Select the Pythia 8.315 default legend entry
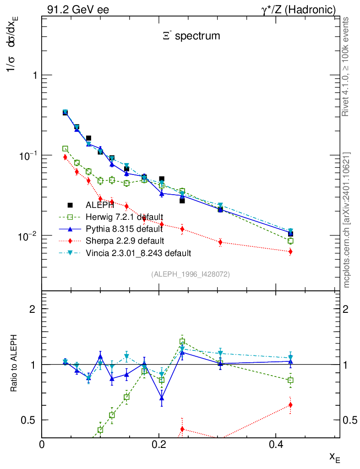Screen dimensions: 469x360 coord(124,229)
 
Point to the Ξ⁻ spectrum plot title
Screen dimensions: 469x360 coord(191,36)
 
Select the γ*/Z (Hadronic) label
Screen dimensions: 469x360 coord(299,10)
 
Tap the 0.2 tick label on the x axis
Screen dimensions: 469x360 coord(158,445)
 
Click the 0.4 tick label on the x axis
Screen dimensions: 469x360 coord(275,445)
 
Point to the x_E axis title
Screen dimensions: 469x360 coord(334,457)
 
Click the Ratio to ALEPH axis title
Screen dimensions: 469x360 coord(14,364)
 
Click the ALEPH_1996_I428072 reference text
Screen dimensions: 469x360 coord(190,274)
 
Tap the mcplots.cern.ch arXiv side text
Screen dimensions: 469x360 coord(347,220)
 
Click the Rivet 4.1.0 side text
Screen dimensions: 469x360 coord(347,67)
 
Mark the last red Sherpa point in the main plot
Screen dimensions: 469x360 coord(290,251)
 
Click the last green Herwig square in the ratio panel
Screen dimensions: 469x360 coord(290,380)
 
